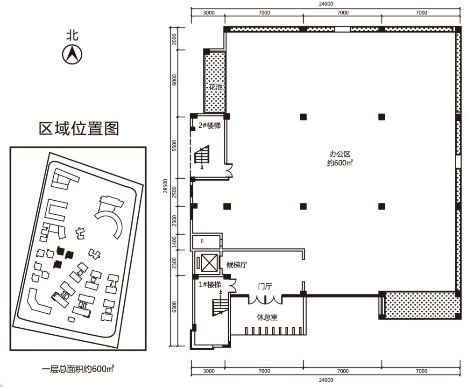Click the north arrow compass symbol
[72, 55]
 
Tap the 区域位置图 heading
[79, 128]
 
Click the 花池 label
[215, 87]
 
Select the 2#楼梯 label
[209, 126]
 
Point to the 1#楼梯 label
[210, 285]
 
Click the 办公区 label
[340, 154]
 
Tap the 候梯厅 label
[236, 265]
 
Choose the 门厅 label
[265, 286]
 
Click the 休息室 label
[267, 317]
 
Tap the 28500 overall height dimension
[165, 186]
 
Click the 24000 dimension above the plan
[326, 4]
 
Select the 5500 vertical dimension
[175, 146]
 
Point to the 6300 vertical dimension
[175, 307]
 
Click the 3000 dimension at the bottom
[208, 371]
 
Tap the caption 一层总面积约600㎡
[78, 369]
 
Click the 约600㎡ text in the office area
[340, 163]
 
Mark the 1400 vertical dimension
[175, 242]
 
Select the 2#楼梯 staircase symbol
[202, 155]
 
